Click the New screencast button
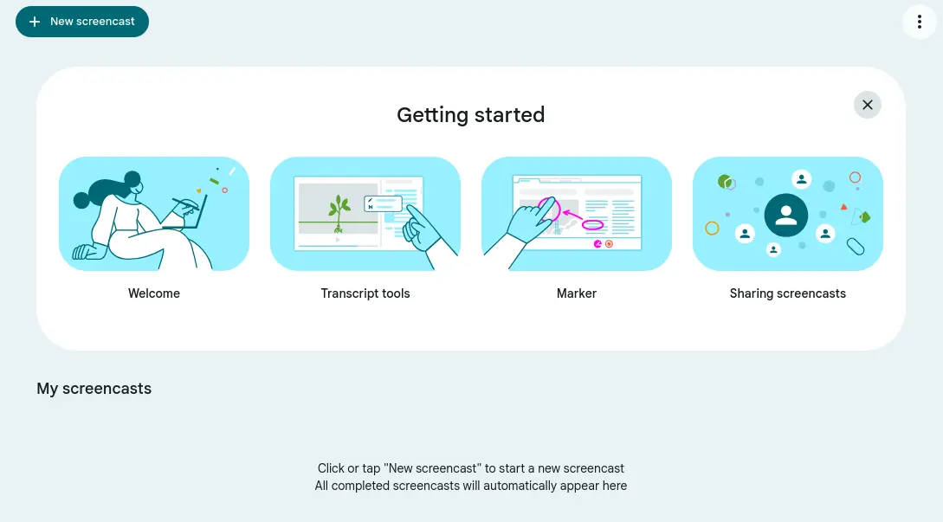pos(82,22)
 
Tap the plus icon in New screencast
pos(35,22)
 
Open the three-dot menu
pos(920,22)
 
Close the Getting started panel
pos(867,105)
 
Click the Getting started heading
pos(471,115)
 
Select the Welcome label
pos(154,293)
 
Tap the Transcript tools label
pos(365,293)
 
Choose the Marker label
pos(577,293)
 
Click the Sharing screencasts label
pos(788,293)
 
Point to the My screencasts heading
pos(94,389)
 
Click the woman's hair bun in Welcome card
pos(132,178)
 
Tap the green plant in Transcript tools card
pos(339,212)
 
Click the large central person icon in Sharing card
pos(786,215)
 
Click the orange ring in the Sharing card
pos(712,229)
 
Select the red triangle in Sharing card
pos(843,207)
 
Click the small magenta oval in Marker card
pos(592,226)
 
